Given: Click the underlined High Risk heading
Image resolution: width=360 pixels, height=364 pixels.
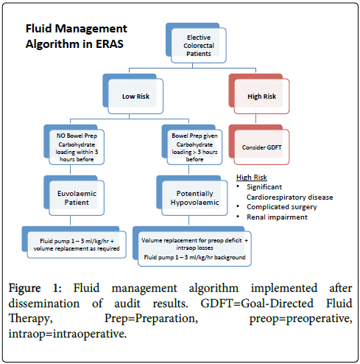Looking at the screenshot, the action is pyautogui.click(x=252, y=178).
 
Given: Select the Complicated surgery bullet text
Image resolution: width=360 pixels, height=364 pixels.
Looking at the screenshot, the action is pyautogui.click(x=282, y=207).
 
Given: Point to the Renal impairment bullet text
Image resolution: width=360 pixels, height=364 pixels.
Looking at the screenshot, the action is pyautogui.click(x=277, y=217).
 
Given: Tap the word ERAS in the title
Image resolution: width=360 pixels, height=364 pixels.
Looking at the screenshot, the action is pyautogui.click(x=110, y=44).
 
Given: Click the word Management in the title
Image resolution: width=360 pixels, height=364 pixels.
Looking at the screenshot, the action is pyautogui.click(x=91, y=29).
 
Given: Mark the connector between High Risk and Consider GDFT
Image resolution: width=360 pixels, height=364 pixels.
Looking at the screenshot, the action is pyautogui.click(x=256, y=119).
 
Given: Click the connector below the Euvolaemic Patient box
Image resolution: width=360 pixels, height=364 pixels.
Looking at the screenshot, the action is pyautogui.click(x=71, y=220).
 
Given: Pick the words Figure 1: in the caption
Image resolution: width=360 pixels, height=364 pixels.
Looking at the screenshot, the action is pyautogui.click(x=35, y=288).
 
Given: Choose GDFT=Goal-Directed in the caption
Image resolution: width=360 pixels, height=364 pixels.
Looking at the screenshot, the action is pyautogui.click(x=257, y=304).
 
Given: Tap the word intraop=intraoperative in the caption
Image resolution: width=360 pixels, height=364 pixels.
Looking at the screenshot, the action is pyautogui.click(x=68, y=334).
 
